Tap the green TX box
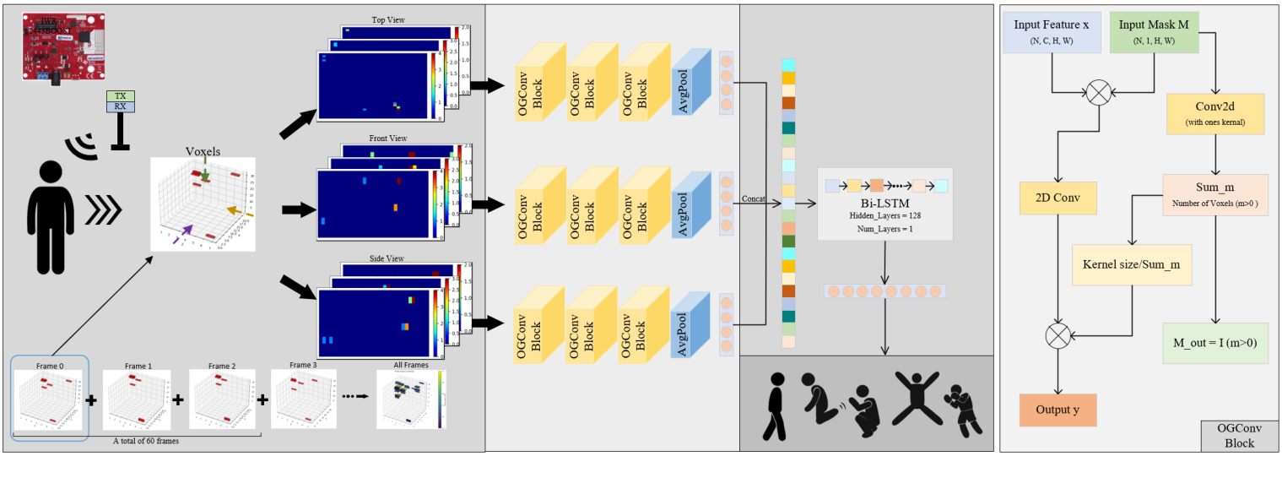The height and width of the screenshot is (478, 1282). tap(120, 96)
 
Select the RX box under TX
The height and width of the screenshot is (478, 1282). tap(120, 107)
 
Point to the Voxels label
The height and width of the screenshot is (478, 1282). tap(203, 152)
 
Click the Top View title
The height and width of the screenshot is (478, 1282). tap(388, 20)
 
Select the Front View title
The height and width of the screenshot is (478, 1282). tap(387, 138)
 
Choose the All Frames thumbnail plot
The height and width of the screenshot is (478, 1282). tap(410, 399)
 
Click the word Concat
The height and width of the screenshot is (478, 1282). tap(753, 199)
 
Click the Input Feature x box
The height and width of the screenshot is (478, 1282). tap(1052, 32)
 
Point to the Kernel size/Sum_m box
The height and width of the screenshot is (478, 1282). tap(1130, 264)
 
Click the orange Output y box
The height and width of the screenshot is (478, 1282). tap(1058, 410)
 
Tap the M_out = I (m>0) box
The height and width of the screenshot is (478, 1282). tap(1214, 343)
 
